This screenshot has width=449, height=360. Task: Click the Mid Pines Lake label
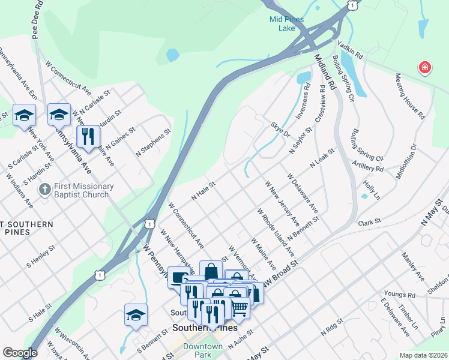pos(286,23)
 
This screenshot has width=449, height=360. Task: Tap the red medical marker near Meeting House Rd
pos(424,67)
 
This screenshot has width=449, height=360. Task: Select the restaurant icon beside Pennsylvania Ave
pos(88,136)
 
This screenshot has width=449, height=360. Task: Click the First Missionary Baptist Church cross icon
pos(44,190)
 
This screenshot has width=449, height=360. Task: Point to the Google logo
pos(20,353)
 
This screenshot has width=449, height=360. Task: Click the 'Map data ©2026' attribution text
pos(423,355)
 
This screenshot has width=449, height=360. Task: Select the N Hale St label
pos(203,190)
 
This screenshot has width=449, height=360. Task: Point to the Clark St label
pos(370,222)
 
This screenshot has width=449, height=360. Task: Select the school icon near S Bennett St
pos(136,315)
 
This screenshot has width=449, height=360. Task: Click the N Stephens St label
pos(153,142)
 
